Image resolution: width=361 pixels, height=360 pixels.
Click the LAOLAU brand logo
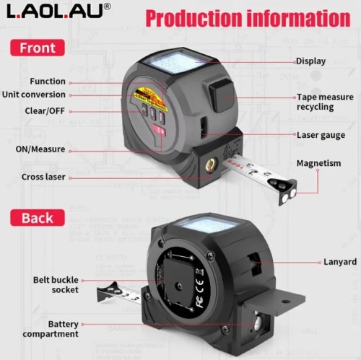pos(58,11)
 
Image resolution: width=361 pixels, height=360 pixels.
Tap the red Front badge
pos(38,48)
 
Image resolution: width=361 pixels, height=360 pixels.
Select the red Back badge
pos(38,218)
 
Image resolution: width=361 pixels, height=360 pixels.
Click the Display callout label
pos(310,61)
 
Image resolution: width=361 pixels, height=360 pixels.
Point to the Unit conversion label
pos(34,95)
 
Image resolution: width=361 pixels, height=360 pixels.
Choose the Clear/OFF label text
pos(45,111)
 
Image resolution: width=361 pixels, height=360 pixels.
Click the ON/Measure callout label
pos(40,149)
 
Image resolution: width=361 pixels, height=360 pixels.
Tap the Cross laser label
pos(43,177)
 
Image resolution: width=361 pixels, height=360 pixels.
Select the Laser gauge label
pos(321,136)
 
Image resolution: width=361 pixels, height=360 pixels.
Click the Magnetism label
pos(318,163)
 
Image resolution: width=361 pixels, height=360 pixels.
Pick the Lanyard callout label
pos(340,262)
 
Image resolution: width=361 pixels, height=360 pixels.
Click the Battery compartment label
pos(51,329)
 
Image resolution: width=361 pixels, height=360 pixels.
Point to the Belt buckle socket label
pos(56,285)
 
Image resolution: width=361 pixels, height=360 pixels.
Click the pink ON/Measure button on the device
pos(160,131)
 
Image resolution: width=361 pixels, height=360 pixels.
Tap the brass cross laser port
pos(211,165)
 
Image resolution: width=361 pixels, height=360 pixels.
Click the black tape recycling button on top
pos(222,95)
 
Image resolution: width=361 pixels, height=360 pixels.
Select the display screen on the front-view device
pos(177,62)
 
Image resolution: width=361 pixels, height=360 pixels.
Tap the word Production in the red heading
pos(193,18)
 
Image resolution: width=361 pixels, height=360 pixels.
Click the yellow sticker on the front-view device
pos(149,99)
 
